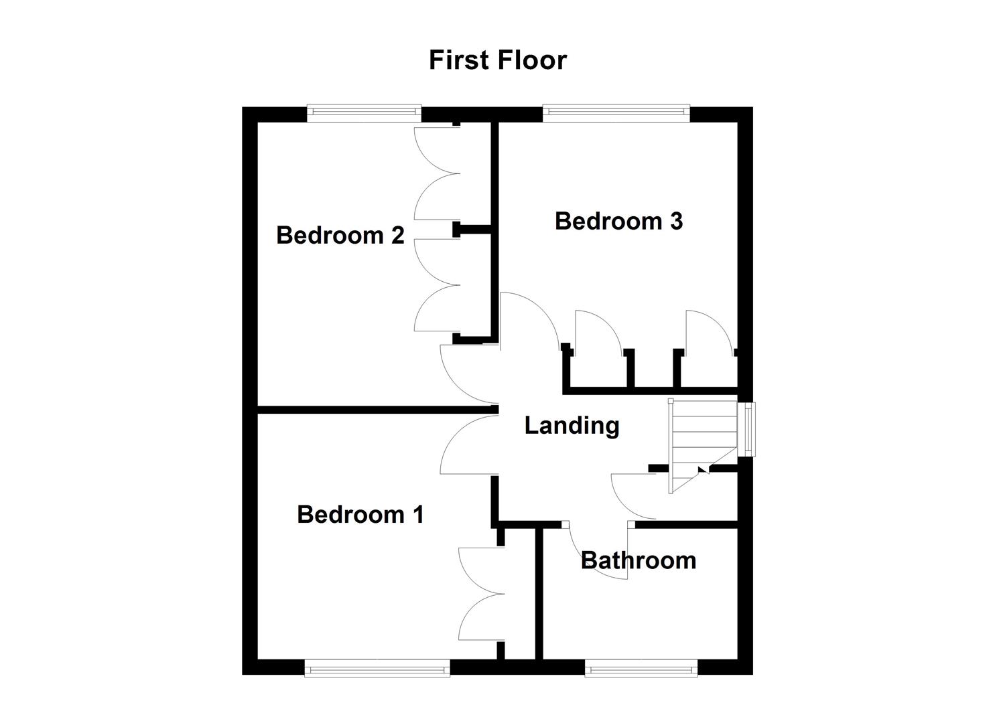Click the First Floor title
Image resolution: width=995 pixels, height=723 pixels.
point(498,60)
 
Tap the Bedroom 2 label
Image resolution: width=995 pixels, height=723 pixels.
point(340,236)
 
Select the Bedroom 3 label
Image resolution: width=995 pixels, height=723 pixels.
point(618,221)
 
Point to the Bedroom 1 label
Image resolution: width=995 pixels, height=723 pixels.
point(360,514)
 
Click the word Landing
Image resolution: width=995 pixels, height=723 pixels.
point(572,425)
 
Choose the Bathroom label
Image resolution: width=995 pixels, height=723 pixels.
point(639,560)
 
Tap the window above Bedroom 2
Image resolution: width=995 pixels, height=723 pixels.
point(364,113)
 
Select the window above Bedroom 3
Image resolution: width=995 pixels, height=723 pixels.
point(616,113)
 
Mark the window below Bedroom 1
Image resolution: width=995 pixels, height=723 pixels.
point(377,667)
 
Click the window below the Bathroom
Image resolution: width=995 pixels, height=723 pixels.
point(641,667)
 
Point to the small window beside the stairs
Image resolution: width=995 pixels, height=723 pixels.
point(746,429)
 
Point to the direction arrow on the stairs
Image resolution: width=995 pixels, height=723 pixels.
point(702,470)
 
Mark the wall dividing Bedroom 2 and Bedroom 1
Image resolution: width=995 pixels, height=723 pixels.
point(375,409)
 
